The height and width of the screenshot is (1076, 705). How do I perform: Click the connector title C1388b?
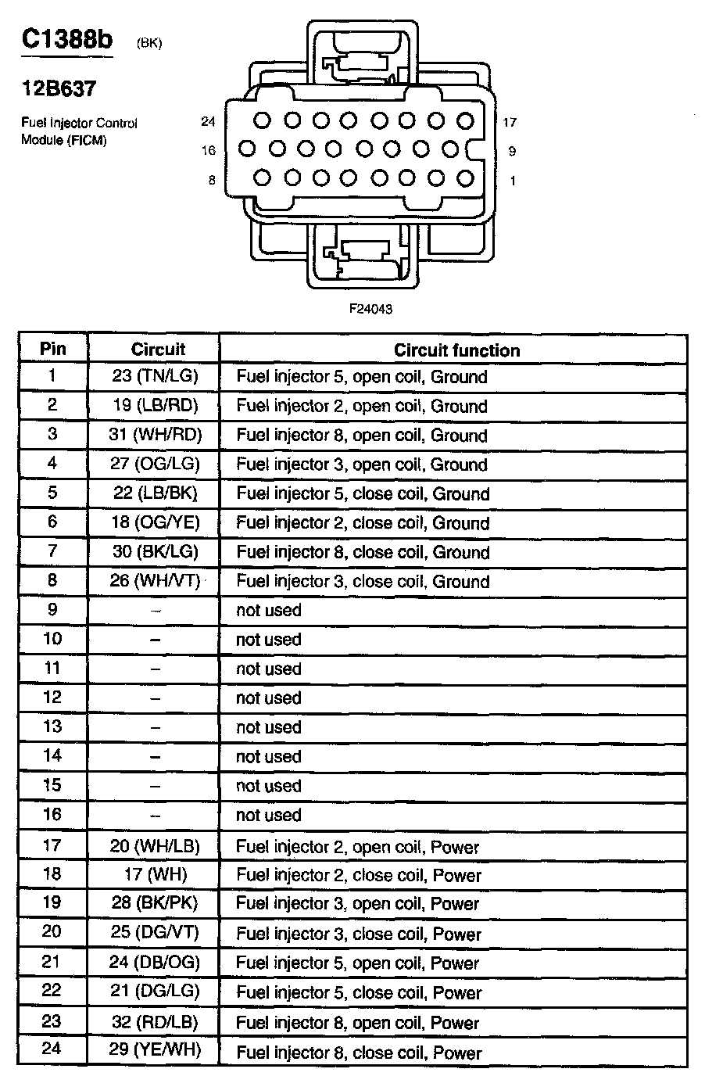[x=67, y=40]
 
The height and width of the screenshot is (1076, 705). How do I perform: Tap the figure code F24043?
[x=370, y=309]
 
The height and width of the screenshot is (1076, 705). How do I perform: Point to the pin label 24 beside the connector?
[x=207, y=121]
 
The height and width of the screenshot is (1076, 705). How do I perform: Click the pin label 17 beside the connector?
[x=510, y=122]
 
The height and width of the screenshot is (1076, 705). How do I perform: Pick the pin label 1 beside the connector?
[x=513, y=181]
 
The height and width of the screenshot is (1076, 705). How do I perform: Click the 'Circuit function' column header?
[x=456, y=350]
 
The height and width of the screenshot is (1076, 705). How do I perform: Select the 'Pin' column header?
[x=53, y=349]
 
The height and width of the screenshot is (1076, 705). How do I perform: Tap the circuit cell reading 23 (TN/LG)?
[x=155, y=376]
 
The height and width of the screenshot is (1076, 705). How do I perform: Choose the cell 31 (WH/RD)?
[x=155, y=435]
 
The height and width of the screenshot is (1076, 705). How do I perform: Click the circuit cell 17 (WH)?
[x=155, y=874]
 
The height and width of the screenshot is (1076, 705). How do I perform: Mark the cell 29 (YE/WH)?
[x=155, y=1049]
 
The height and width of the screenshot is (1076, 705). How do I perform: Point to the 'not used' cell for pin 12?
[x=268, y=698]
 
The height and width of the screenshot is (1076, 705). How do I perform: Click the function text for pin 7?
[x=363, y=552]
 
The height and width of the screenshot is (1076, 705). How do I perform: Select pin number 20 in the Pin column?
[x=52, y=932]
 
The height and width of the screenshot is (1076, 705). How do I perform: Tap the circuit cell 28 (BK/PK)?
[x=155, y=903]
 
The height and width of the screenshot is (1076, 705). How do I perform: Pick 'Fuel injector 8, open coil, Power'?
[x=358, y=1023]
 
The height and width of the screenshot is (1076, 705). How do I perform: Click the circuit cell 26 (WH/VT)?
[x=155, y=581]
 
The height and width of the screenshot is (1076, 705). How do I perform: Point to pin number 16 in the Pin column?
[x=52, y=815]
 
